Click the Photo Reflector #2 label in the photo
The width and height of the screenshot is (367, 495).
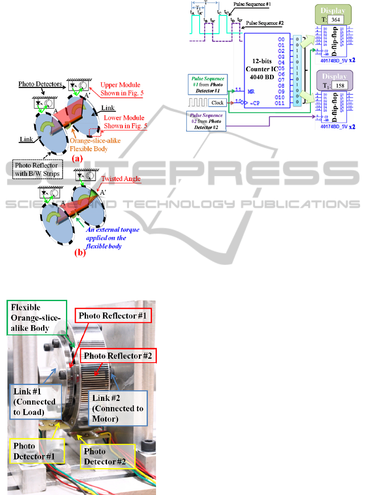[118, 356]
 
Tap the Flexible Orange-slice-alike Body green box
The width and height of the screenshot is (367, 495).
[37, 318]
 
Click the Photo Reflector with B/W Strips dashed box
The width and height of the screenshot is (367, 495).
[38, 170]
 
